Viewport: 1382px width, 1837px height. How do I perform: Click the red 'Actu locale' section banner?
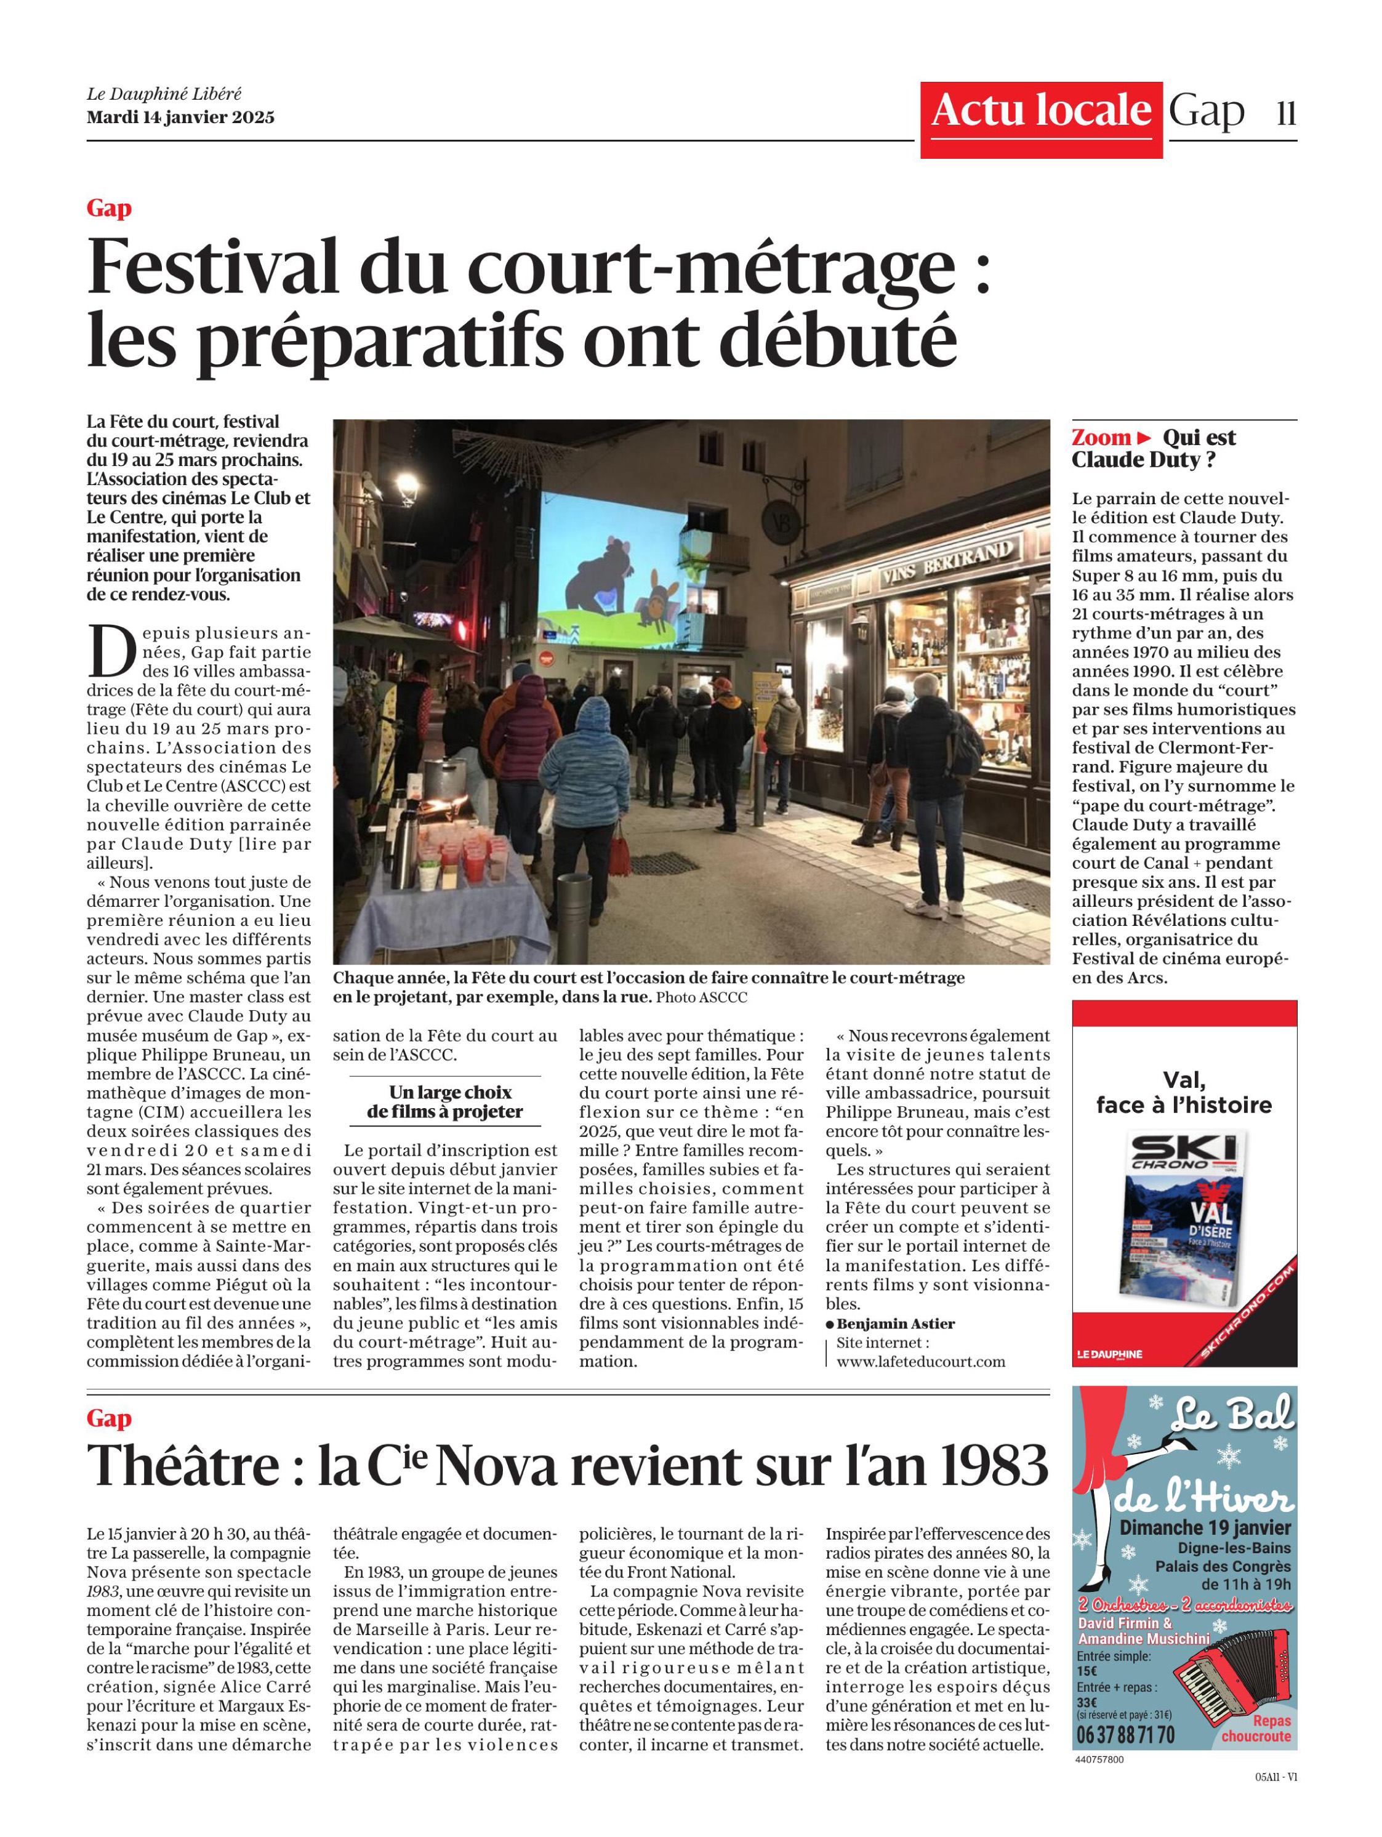(1040, 112)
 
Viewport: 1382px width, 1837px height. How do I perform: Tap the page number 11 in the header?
(1285, 113)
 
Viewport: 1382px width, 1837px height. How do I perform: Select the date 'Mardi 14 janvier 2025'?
(180, 117)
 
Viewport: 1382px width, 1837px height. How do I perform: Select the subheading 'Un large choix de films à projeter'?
(444, 1102)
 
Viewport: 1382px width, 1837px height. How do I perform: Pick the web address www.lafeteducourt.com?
(920, 1362)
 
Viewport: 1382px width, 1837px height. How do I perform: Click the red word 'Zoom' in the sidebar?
(1101, 438)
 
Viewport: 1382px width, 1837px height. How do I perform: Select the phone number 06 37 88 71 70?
(1125, 1735)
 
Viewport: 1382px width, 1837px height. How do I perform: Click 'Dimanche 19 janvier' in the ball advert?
(1204, 1528)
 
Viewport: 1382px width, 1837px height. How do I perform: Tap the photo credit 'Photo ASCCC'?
(701, 997)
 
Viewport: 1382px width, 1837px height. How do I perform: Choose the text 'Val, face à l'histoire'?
(1184, 1092)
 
